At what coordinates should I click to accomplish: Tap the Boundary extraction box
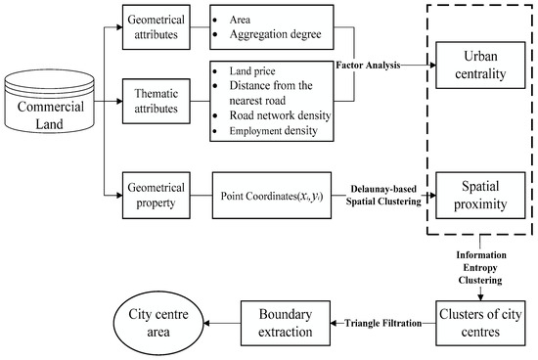[x=283, y=322]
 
